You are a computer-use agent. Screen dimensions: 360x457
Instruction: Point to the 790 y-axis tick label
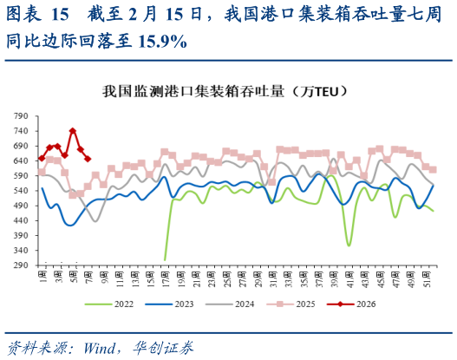pos(21,115)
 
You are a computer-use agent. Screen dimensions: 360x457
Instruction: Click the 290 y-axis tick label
pos(21,266)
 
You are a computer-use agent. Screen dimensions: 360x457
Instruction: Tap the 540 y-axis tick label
pos(21,190)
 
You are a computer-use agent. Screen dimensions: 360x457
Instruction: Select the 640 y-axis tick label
pos(21,160)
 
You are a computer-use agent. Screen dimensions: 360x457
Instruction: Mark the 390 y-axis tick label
pos(21,236)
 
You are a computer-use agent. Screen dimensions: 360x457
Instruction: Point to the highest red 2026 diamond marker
pos(73,132)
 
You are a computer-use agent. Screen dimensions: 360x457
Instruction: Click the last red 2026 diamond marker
pos(88,158)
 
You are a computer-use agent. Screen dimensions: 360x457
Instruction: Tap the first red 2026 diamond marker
pos(42,158)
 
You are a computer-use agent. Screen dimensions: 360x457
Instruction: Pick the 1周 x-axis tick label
pos(42,278)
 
